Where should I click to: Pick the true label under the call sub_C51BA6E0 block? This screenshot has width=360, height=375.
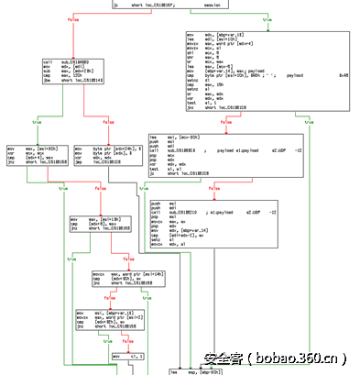tap(37, 121)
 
